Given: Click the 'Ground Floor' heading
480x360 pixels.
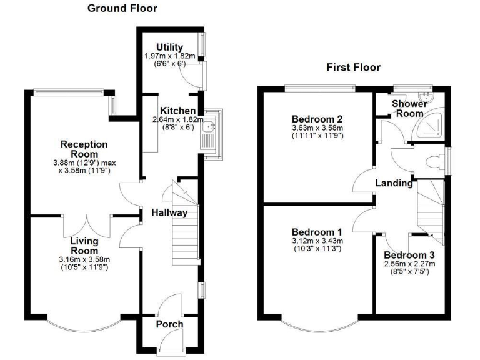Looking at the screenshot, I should [x=122, y=8].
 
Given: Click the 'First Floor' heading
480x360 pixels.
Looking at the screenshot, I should [x=353, y=67].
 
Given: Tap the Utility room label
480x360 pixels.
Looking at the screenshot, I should [x=169, y=47].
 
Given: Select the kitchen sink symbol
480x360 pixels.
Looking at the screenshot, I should [x=208, y=134].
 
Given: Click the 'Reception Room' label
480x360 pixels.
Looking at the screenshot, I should [x=84, y=149].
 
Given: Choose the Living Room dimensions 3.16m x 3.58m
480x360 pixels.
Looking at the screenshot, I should [x=84, y=260].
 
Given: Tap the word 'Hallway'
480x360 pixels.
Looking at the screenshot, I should [x=169, y=212].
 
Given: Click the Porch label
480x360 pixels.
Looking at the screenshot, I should [x=169, y=324].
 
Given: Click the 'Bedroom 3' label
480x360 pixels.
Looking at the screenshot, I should [x=409, y=256].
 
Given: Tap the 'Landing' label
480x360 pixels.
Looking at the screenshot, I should [x=394, y=183].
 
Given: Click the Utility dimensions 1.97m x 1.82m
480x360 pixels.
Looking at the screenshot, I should [x=169, y=57].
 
